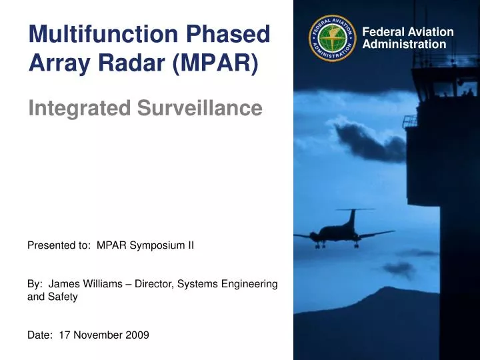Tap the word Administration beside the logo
[405, 45]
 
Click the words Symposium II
[161, 245]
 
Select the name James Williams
[87, 284]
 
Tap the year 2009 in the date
[137, 335]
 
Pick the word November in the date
[97, 335]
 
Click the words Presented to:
[59, 245]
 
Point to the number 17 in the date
[65, 335]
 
